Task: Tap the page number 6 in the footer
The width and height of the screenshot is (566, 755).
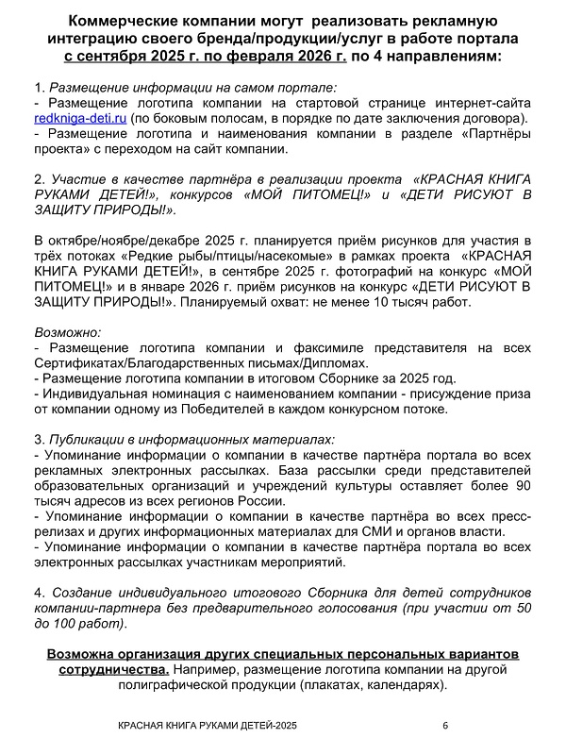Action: tap(445, 726)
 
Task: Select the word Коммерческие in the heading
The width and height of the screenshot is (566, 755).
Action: tap(128, 21)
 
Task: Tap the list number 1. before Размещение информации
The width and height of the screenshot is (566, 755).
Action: tap(38, 87)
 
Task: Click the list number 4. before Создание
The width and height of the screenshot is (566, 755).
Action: tap(38, 592)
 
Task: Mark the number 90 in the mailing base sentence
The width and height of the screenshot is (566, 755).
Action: tap(522, 486)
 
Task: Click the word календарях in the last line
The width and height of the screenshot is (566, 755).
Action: tap(400, 686)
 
